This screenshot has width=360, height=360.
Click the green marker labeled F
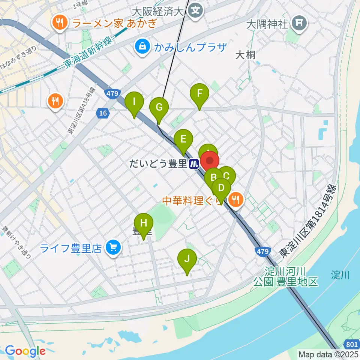click(x=199, y=94)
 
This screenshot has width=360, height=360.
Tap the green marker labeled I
click(x=134, y=102)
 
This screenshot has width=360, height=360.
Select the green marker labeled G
click(x=159, y=108)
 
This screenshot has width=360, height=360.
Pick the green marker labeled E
click(x=183, y=140)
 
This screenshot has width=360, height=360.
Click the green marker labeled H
click(x=144, y=224)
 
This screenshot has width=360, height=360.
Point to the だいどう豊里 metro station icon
click(x=194, y=164)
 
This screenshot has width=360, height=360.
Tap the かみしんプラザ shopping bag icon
click(x=142, y=47)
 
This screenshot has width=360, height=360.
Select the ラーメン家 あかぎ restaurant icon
click(x=60, y=24)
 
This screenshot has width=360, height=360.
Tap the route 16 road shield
click(x=102, y=113)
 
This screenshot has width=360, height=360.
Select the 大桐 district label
click(x=246, y=55)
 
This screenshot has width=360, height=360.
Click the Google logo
click(x=25, y=351)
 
